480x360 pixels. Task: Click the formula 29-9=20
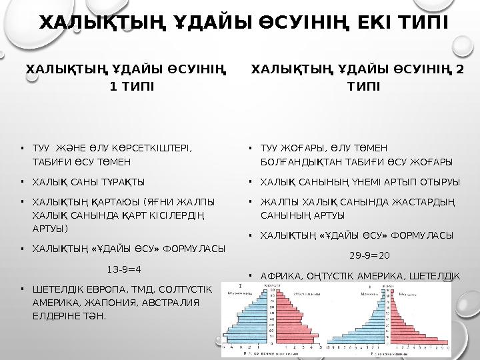pyautogui.click(x=369, y=255)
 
